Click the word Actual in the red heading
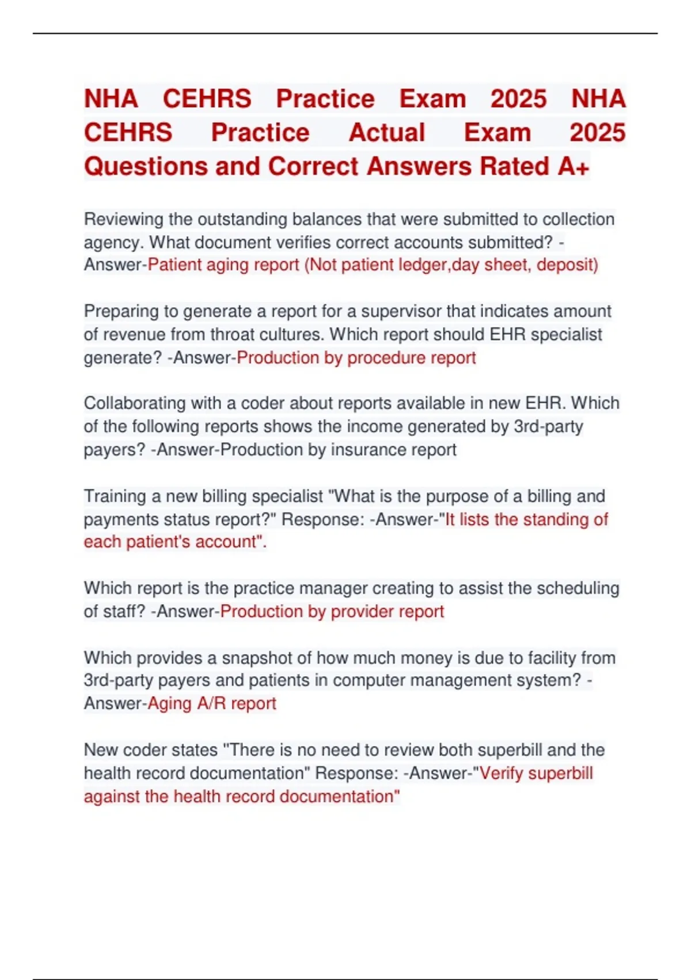click(x=386, y=133)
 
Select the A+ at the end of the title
click(x=573, y=167)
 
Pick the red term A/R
click(x=212, y=703)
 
